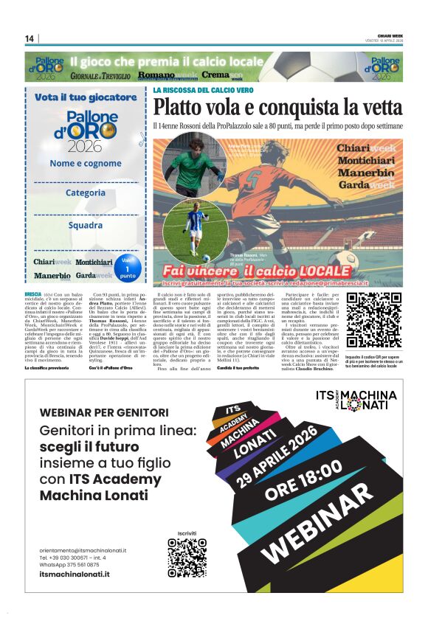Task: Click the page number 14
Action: click(x=30, y=38)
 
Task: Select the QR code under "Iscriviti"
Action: click(x=187, y=558)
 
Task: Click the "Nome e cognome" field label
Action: click(x=86, y=163)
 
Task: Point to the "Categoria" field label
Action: click(x=86, y=192)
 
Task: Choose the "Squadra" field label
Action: click(x=86, y=224)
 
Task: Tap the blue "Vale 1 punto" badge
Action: click(x=128, y=268)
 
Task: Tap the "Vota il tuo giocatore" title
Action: click(x=86, y=97)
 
